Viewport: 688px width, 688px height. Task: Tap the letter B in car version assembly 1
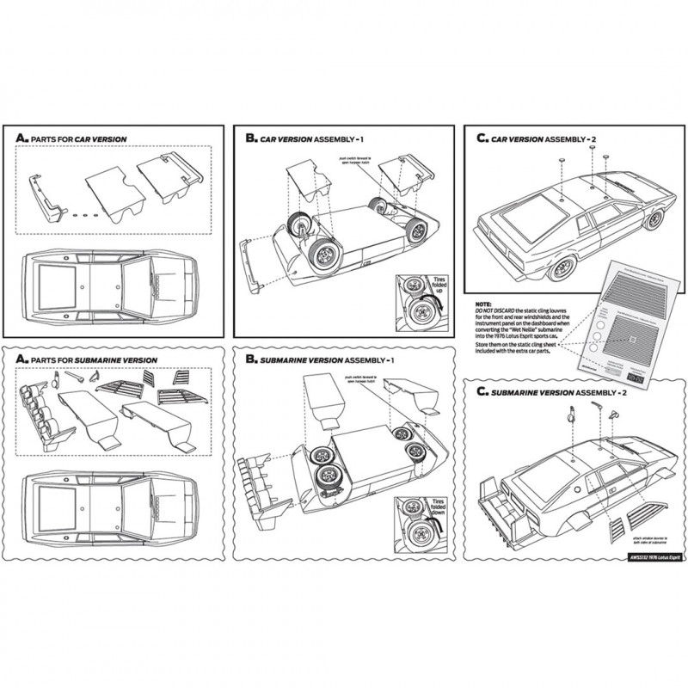pyautogui.click(x=250, y=138)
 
